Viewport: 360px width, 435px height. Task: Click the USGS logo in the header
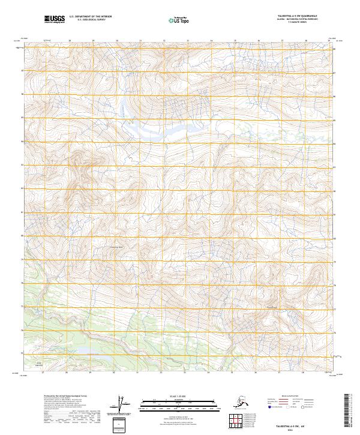[x=56, y=20]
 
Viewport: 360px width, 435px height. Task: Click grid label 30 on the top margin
[x=116, y=41]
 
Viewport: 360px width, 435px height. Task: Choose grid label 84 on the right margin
[x=334, y=142]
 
